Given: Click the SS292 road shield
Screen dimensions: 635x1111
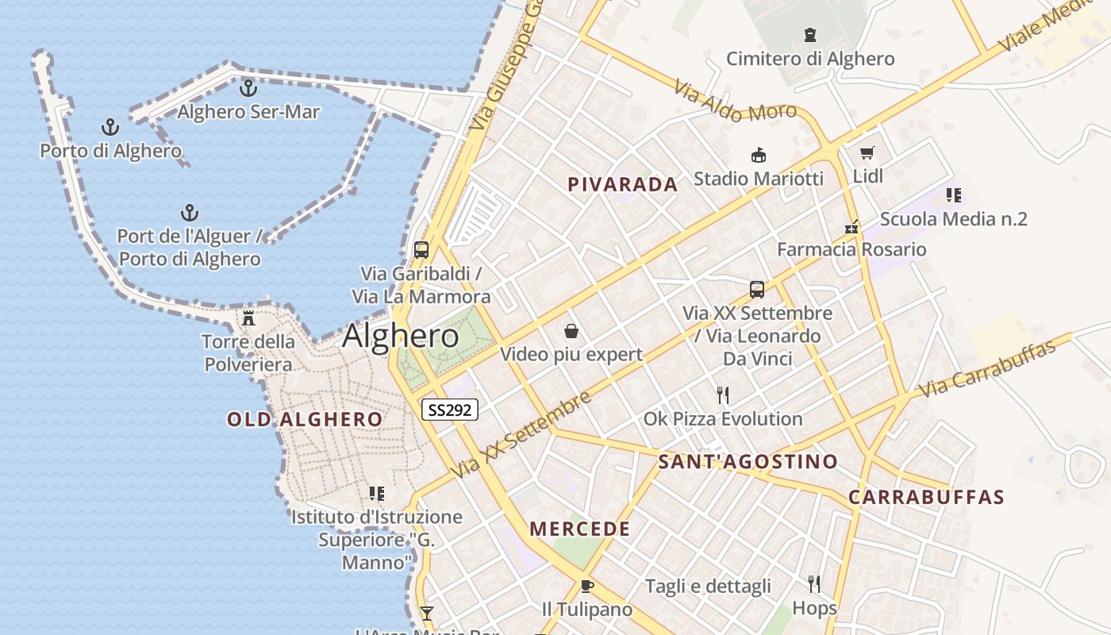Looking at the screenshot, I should click(x=449, y=410).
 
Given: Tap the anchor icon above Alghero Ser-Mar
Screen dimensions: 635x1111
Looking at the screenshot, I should click(x=248, y=87).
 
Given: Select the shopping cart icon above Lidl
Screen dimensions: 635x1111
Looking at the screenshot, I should click(x=867, y=152).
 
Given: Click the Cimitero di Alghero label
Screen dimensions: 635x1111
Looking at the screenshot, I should click(x=810, y=59).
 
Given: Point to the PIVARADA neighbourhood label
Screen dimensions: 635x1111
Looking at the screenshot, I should click(x=623, y=185).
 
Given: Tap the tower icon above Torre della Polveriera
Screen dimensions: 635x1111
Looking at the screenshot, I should click(x=248, y=318).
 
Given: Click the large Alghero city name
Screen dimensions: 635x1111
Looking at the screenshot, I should click(x=401, y=336).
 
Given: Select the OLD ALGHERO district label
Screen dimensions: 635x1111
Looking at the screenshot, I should click(x=305, y=419).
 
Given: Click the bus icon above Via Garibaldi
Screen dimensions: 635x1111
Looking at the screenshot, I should click(x=421, y=249).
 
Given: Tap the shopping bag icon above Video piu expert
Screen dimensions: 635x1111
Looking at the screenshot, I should click(x=571, y=330).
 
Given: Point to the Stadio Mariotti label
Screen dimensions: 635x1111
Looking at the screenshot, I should click(x=759, y=179).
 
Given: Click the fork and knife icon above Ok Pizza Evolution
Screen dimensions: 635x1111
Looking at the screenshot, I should click(x=722, y=394).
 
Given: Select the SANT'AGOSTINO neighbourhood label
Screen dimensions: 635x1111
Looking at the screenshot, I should click(x=748, y=461).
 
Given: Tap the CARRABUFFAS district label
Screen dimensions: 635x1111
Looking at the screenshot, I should click(x=926, y=498).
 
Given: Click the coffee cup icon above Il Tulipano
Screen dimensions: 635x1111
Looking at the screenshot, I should click(x=586, y=586).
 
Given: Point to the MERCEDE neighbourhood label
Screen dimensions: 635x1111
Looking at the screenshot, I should click(x=580, y=529).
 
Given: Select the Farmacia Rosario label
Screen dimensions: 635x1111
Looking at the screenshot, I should click(x=852, y=249).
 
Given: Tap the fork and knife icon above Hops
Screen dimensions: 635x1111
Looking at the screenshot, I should click(x=814, y=584).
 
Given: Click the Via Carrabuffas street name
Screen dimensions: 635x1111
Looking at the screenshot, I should click(x=988, y=368).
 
